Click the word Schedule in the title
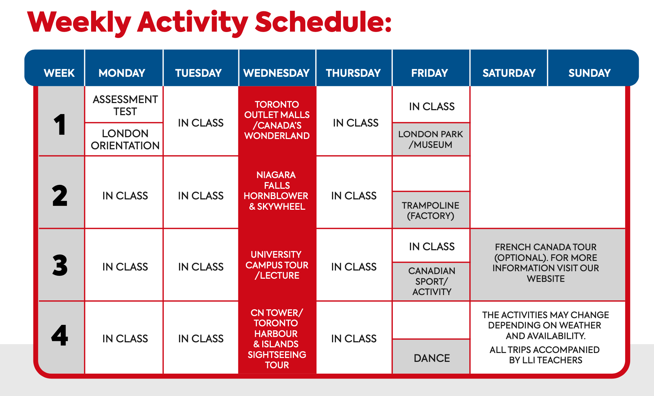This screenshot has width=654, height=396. tap(323, 22)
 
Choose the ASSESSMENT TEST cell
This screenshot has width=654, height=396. tap(124, 105)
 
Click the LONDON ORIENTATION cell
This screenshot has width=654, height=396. tap(124, 139)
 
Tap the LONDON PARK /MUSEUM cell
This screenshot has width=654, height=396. tap(431, 139)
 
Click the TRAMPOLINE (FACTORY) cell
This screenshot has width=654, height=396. tap(431, 210)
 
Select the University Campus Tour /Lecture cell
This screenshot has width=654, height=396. tap(277, 265)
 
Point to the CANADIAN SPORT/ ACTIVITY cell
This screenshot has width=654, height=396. tap(431, 282)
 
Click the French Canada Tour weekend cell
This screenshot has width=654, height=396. tap(548, 265)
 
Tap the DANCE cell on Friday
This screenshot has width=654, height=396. tap(431, 357)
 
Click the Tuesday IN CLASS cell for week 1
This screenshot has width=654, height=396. tap(201, 123)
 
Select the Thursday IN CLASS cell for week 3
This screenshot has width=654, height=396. tap(354, 267)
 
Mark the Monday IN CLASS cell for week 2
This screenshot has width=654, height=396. tap(125, 196)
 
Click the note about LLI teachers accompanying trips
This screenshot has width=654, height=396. tap(545, 355)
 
